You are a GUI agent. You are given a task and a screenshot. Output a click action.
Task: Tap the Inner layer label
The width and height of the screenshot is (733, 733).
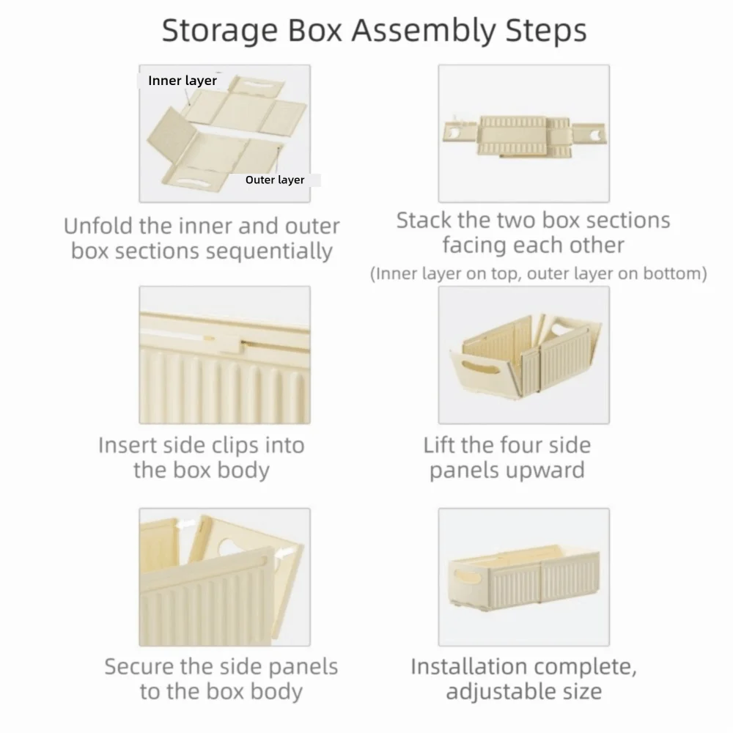click(183, 81)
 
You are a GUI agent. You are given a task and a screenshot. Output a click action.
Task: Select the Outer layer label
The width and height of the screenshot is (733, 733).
click(275, 180)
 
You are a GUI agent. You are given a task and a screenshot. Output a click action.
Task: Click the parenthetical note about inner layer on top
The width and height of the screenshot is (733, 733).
click(538, 274)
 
